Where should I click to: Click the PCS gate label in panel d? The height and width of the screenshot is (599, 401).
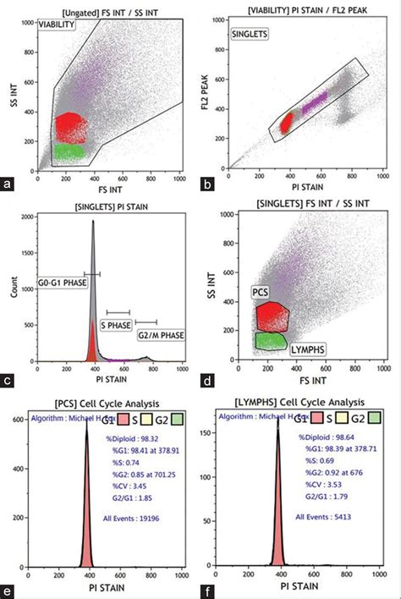tap(261, 291)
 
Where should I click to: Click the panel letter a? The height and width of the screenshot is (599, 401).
tap(9, 182)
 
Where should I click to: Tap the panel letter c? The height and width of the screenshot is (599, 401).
tap(9, 380)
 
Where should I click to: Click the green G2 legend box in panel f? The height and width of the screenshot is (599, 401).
tap(374, 418)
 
